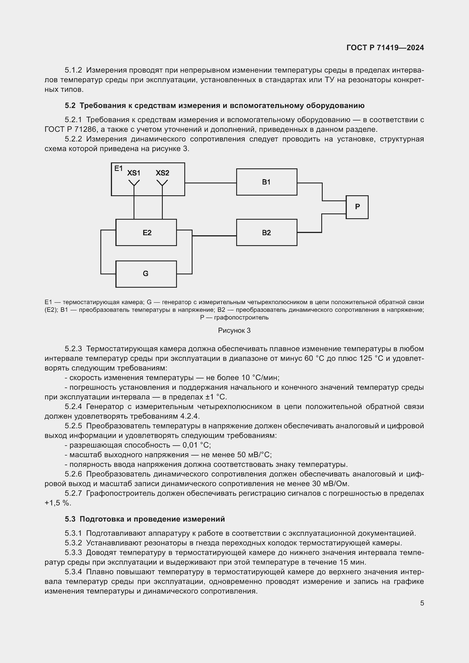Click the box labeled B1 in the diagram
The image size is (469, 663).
(266, 182)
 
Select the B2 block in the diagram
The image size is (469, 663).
(266, 232)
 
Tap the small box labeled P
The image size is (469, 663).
(357, 207)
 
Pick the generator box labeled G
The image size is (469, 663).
(146, 274)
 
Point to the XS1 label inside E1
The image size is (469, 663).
(134, 173)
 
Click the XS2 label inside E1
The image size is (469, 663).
(162, 173)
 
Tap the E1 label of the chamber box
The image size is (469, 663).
(119, 168)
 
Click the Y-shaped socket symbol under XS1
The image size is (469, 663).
(134, 183)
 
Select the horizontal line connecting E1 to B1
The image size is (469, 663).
(210, 183)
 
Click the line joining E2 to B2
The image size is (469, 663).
(214, 236)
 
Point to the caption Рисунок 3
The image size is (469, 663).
(234, 331)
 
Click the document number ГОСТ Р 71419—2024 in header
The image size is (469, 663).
(385, 48)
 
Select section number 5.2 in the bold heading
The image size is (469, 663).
(70, 106)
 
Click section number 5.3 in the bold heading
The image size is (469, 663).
(70, 519)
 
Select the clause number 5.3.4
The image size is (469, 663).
(73, 572)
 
